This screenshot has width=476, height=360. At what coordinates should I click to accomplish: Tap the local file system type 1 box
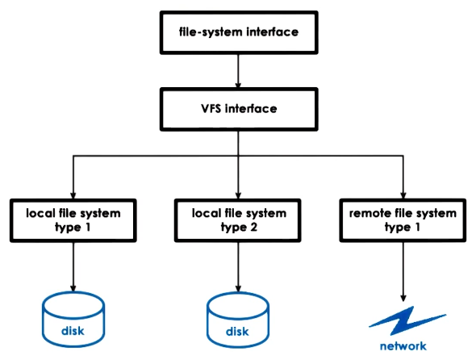tap(73, 220)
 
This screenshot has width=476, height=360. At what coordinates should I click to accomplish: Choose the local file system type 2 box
tap(238, 220)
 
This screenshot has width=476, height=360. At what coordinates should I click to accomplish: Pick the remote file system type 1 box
tap(403, 220)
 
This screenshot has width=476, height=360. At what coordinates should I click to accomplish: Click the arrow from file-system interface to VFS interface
tap(237, 71)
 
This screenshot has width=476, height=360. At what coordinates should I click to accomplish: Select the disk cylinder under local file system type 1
tap(73, 318)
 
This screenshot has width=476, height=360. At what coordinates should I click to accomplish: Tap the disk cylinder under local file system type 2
tap(238, 318)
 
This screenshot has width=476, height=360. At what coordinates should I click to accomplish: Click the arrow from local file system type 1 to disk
tap(73, 266)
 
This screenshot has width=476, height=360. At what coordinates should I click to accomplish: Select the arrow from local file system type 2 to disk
tap(238, 266)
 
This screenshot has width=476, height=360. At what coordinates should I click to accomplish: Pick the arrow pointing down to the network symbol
tap(403, 270)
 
